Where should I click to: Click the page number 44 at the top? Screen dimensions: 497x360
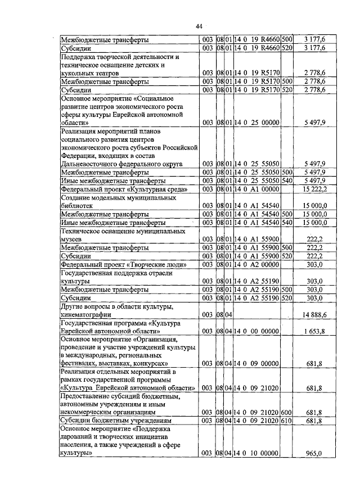tap(199, 26)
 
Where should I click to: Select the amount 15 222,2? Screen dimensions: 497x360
tap(314, 190)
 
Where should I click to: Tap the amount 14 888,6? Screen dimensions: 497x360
tap(314, 315)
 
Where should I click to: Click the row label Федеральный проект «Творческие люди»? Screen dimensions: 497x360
tap(123, 264)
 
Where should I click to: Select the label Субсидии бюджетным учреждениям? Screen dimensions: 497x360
tap(108, 420)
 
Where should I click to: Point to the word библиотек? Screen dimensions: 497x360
tap(78, 206)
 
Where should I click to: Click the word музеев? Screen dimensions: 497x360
tap(73, 239)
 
